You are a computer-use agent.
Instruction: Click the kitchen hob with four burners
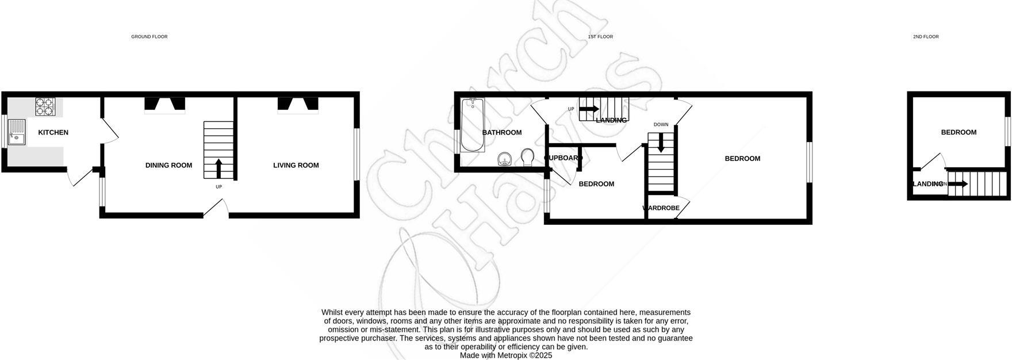[x=45, y=106]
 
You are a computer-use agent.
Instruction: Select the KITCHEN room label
[x=53, y=133]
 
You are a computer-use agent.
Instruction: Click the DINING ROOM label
[x=168, y=166]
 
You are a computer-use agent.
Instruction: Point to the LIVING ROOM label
[x=296, y=166]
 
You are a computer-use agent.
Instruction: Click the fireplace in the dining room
[x=164, y=104]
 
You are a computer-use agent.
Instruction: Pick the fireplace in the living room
[x=298, y=104]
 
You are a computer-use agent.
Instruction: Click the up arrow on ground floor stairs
[x=218, y=168]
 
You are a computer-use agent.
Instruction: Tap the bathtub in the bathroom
[x=473, y=124]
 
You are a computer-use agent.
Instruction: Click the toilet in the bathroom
[x=527, y=156]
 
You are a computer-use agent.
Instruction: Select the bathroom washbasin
[x=505, y=159]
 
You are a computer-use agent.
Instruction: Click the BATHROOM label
[x=501, y=133]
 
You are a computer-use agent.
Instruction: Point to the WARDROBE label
[x=661, y=208]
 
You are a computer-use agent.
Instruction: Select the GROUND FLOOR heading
[x=149, y=37]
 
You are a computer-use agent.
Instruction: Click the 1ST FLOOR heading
[x=600, y=37]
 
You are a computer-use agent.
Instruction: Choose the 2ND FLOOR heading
[x=926, y=37]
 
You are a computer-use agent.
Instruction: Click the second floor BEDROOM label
[x=959, y=132]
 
